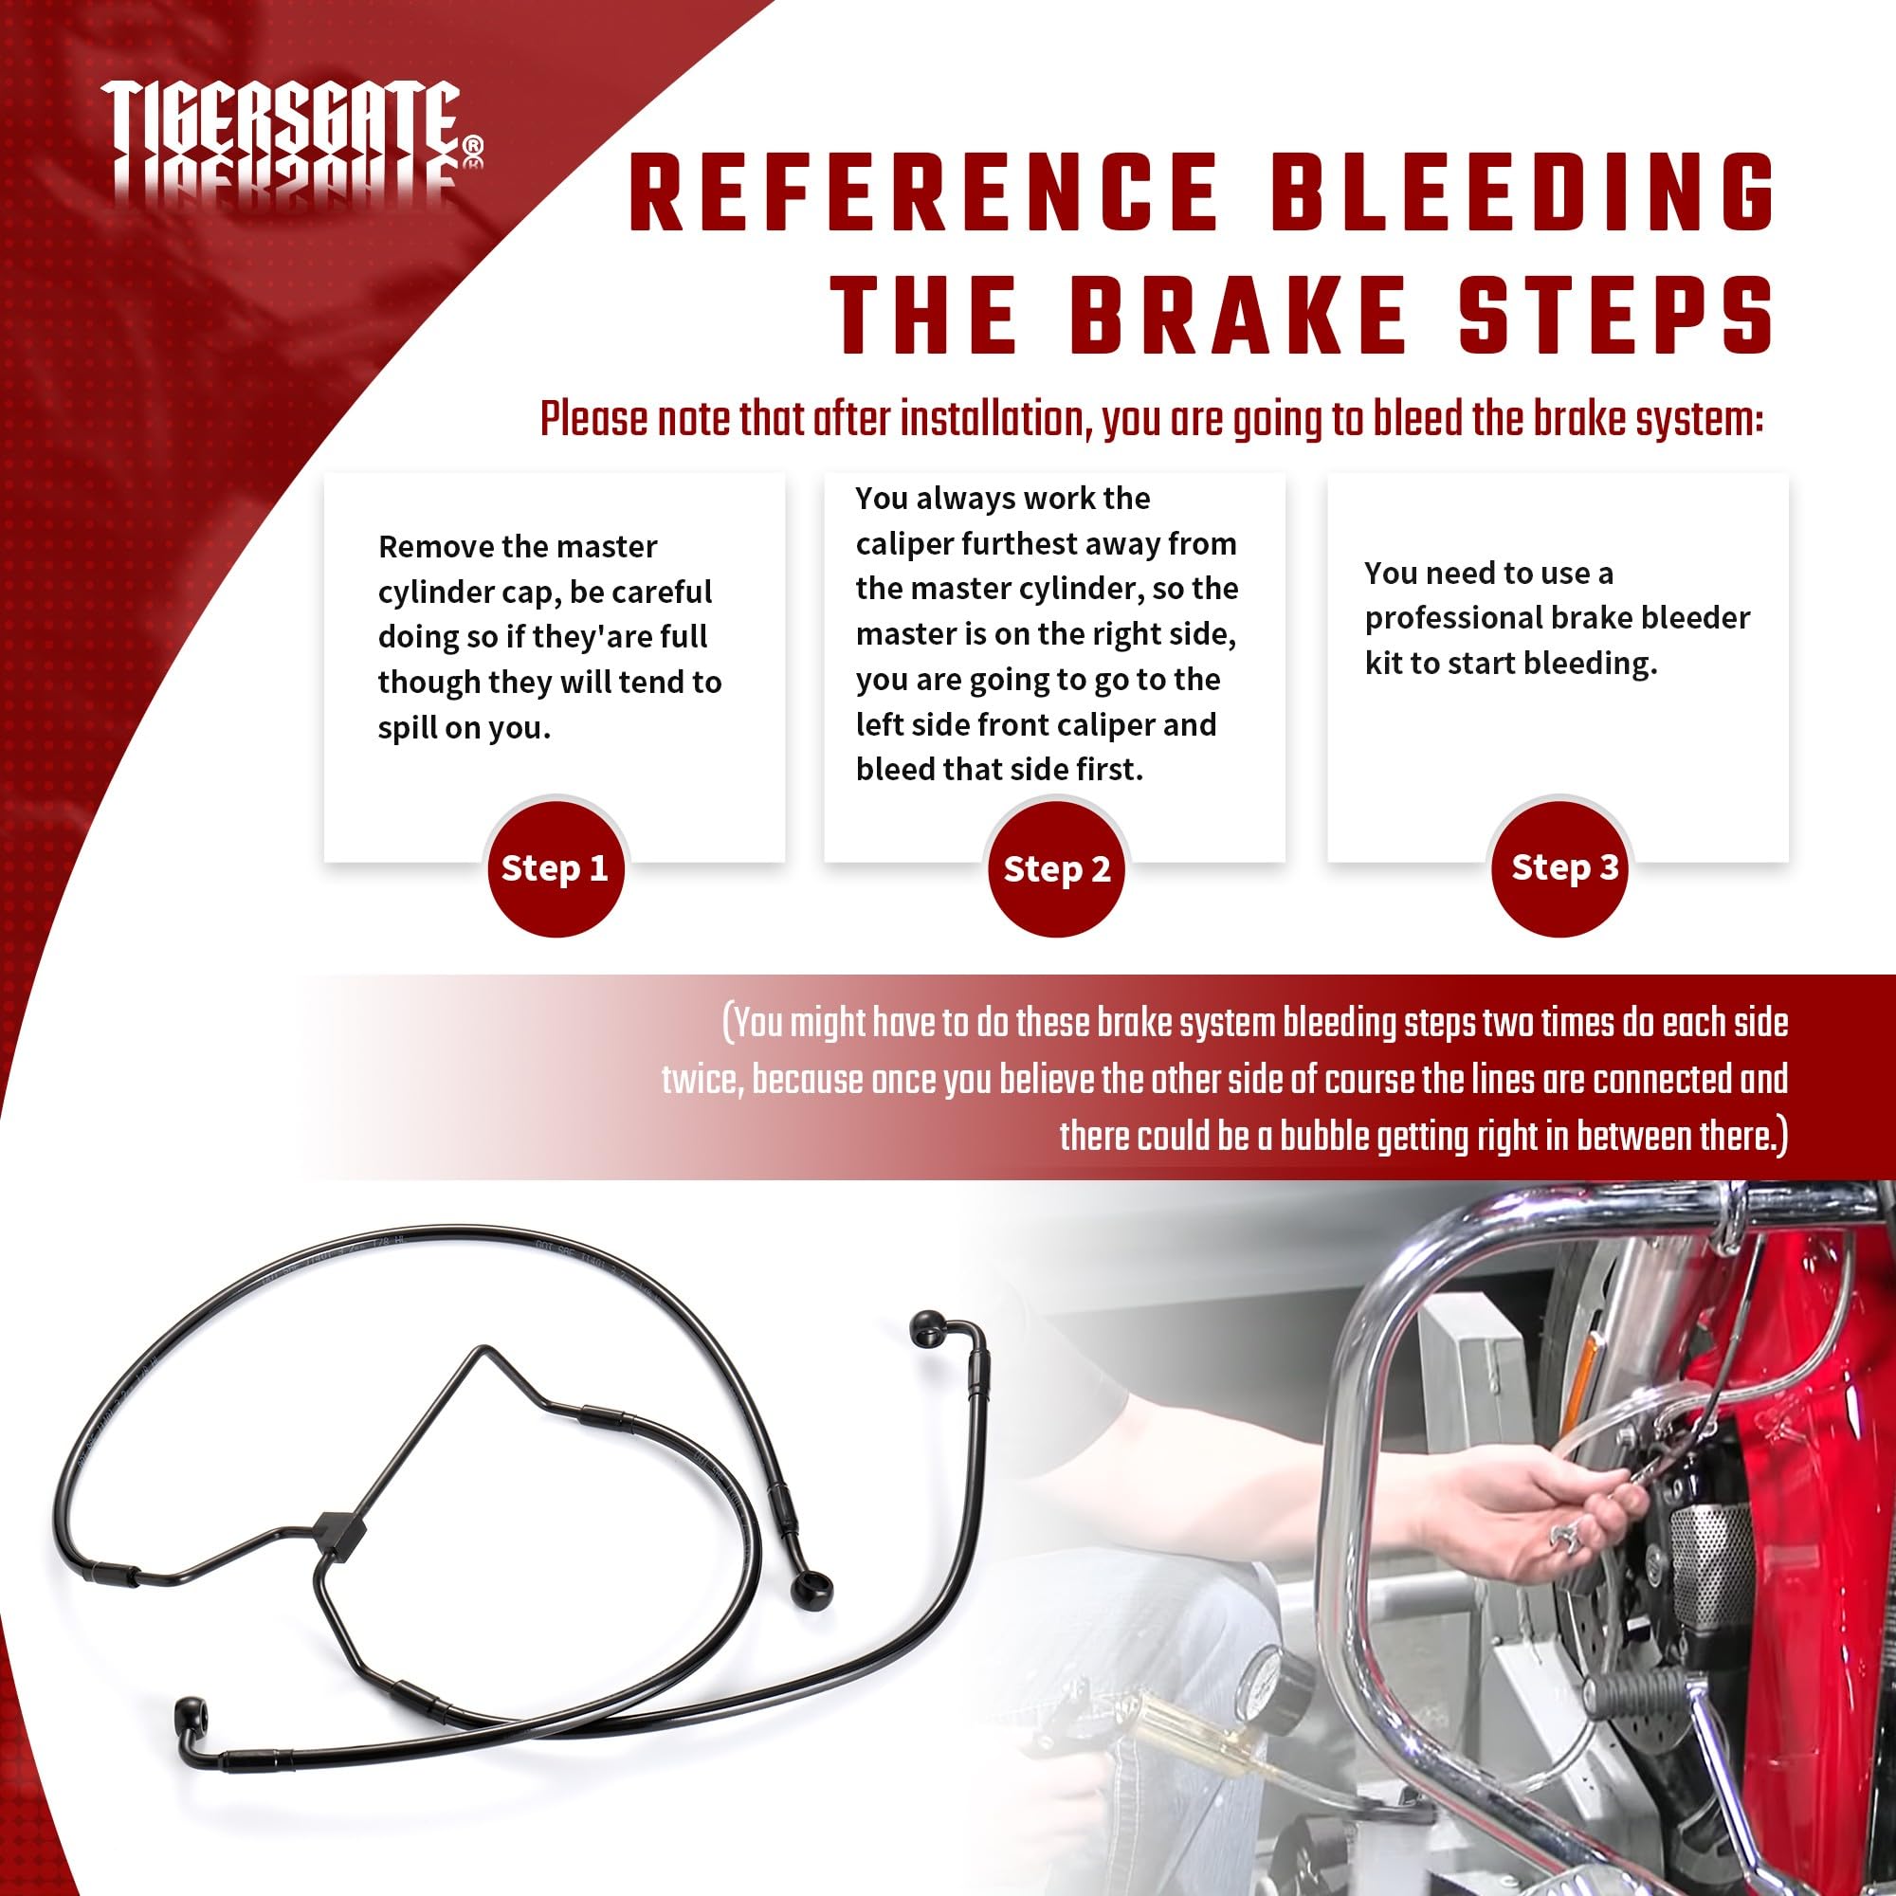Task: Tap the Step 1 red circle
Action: pos(556,867)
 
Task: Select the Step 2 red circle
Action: pos(1057,868)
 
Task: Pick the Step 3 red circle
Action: pos(1559,867)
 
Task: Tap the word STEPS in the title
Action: pos(1616,313)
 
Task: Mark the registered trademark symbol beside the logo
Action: pos(473,146)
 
